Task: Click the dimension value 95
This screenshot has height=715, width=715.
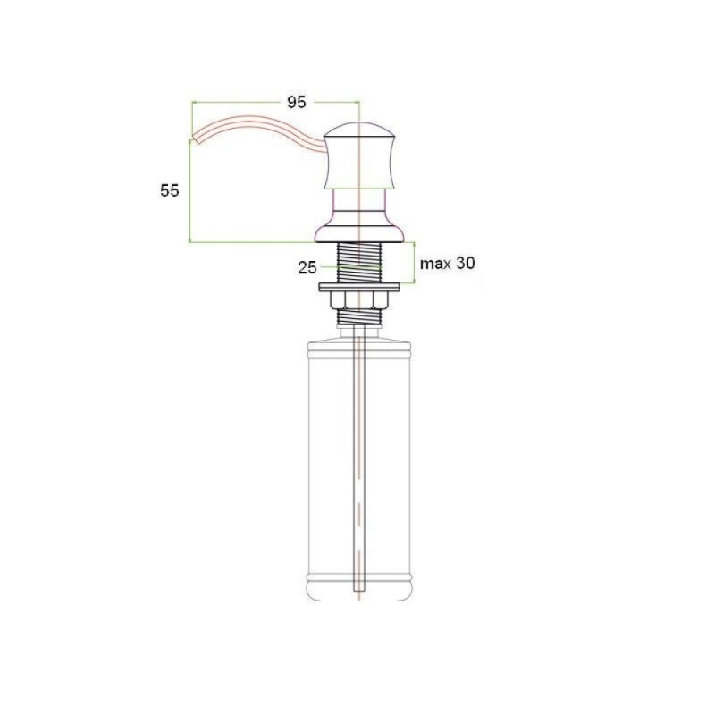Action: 297,103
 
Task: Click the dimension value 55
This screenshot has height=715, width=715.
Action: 170,190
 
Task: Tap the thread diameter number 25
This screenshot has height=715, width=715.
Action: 307,267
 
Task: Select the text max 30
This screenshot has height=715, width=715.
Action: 448,263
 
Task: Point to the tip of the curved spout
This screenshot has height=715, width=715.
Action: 195,139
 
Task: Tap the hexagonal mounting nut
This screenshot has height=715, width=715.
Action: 359,299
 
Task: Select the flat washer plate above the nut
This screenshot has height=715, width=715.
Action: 359,287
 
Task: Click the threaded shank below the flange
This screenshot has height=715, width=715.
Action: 359,263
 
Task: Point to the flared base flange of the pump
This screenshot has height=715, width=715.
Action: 359,232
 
